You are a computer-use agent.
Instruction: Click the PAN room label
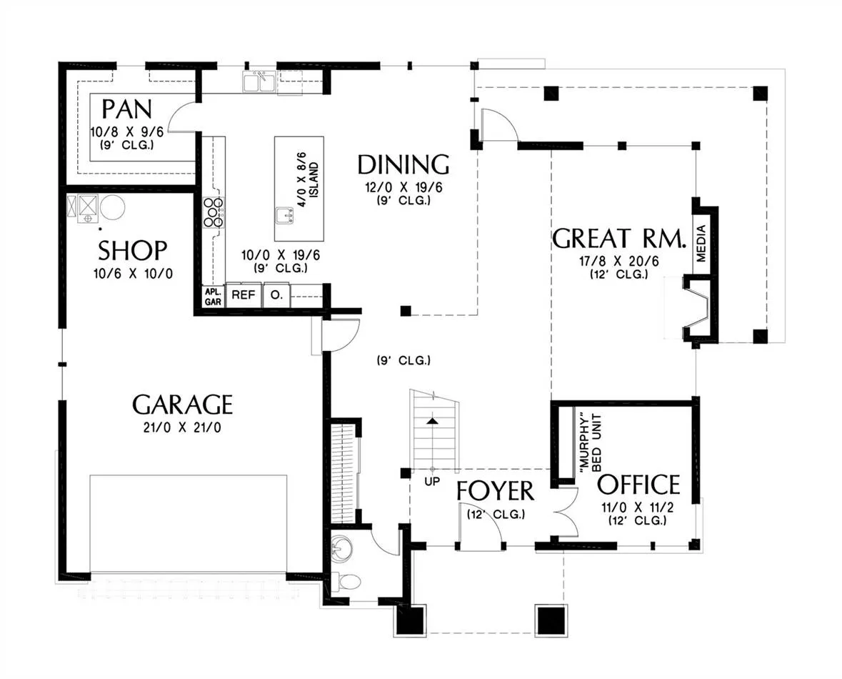pyautogui.click(x=127, y=109)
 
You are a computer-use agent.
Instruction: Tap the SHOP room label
pyautogui.click(x=133, y=250)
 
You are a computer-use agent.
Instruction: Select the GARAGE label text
pyautogui.click(x=183, y=405)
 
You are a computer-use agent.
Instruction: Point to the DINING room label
pyautogui.click(x=404, y=164)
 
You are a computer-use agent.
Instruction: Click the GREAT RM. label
pyautogui.click(x=620, y=239)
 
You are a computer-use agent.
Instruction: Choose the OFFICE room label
pyautogui.click(x=639, y=485)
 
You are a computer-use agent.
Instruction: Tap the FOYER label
pyautogui.click(x=495, y=491)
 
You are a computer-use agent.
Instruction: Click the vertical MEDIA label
pyautogui.click(x=701, y=244)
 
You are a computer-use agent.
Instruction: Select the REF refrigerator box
pyautogui.click(x=244, y=295)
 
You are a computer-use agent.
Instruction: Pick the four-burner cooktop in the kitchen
pyautogui.click(x=214, y=212)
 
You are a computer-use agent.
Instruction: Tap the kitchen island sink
pyautogui.click(x=285, y=216)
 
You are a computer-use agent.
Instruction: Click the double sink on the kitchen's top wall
pyautogui.click(x=259, y=81)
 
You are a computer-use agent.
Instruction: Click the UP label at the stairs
pyautogui.click(x=432, y=482)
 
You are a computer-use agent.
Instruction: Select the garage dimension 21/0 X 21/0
pyautogui.click(x=183, y=428)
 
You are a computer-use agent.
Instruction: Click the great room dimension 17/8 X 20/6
pyautogui.click(x=618, y=262)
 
